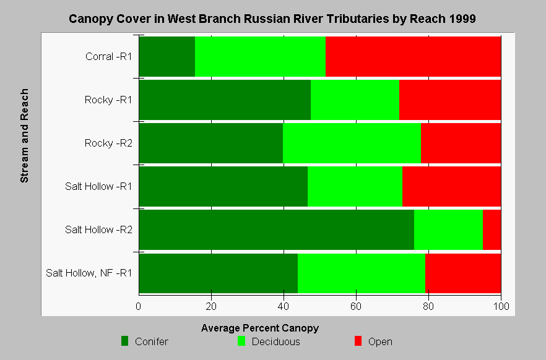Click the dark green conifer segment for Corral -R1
coord(167,56)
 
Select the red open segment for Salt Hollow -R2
coord(492,229)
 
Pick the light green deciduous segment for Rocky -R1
coord(355,100)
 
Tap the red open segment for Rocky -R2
coord(461,143)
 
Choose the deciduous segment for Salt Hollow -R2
coord(448,229)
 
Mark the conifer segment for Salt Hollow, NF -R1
coord(219,273)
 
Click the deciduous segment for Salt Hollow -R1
coord(355,186)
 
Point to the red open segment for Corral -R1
coord(414,56)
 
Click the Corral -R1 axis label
coord(109,56)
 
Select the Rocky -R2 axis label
coord(108,143)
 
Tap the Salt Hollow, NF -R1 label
coord(89,273)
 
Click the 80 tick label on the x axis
coord(428,306)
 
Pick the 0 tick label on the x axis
coord(139,306)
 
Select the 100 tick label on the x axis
coord(501,306)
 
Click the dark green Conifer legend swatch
coord(124,341)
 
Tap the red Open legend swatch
coord(358,341)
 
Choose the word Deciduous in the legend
coord(276,341)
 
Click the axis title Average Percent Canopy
coord(260,328)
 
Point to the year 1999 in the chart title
coord(462,19)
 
